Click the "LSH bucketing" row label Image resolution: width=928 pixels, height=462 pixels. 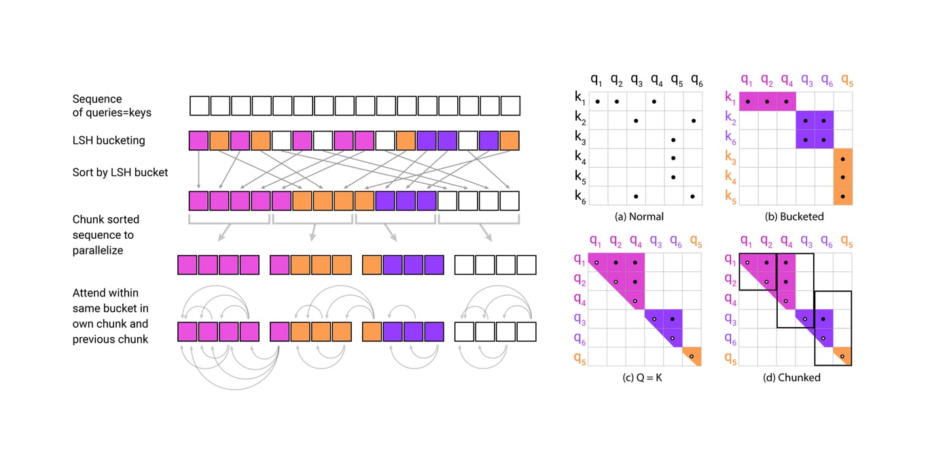click(x=109, y=141)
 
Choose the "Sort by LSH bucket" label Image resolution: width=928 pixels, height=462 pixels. click(x=120, y=172)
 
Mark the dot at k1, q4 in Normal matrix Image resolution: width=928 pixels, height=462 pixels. click(x=654, y=102)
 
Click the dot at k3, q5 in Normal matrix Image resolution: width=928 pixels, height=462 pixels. click(x=673, y=140)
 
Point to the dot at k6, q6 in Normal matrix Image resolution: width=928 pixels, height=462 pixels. click(x=692, y=197)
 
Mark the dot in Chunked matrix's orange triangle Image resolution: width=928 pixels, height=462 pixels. click(x=842, y=356)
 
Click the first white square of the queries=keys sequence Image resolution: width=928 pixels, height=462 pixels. click(x=199, y=107)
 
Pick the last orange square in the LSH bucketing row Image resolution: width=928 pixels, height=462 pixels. click(x=510, y=141)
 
